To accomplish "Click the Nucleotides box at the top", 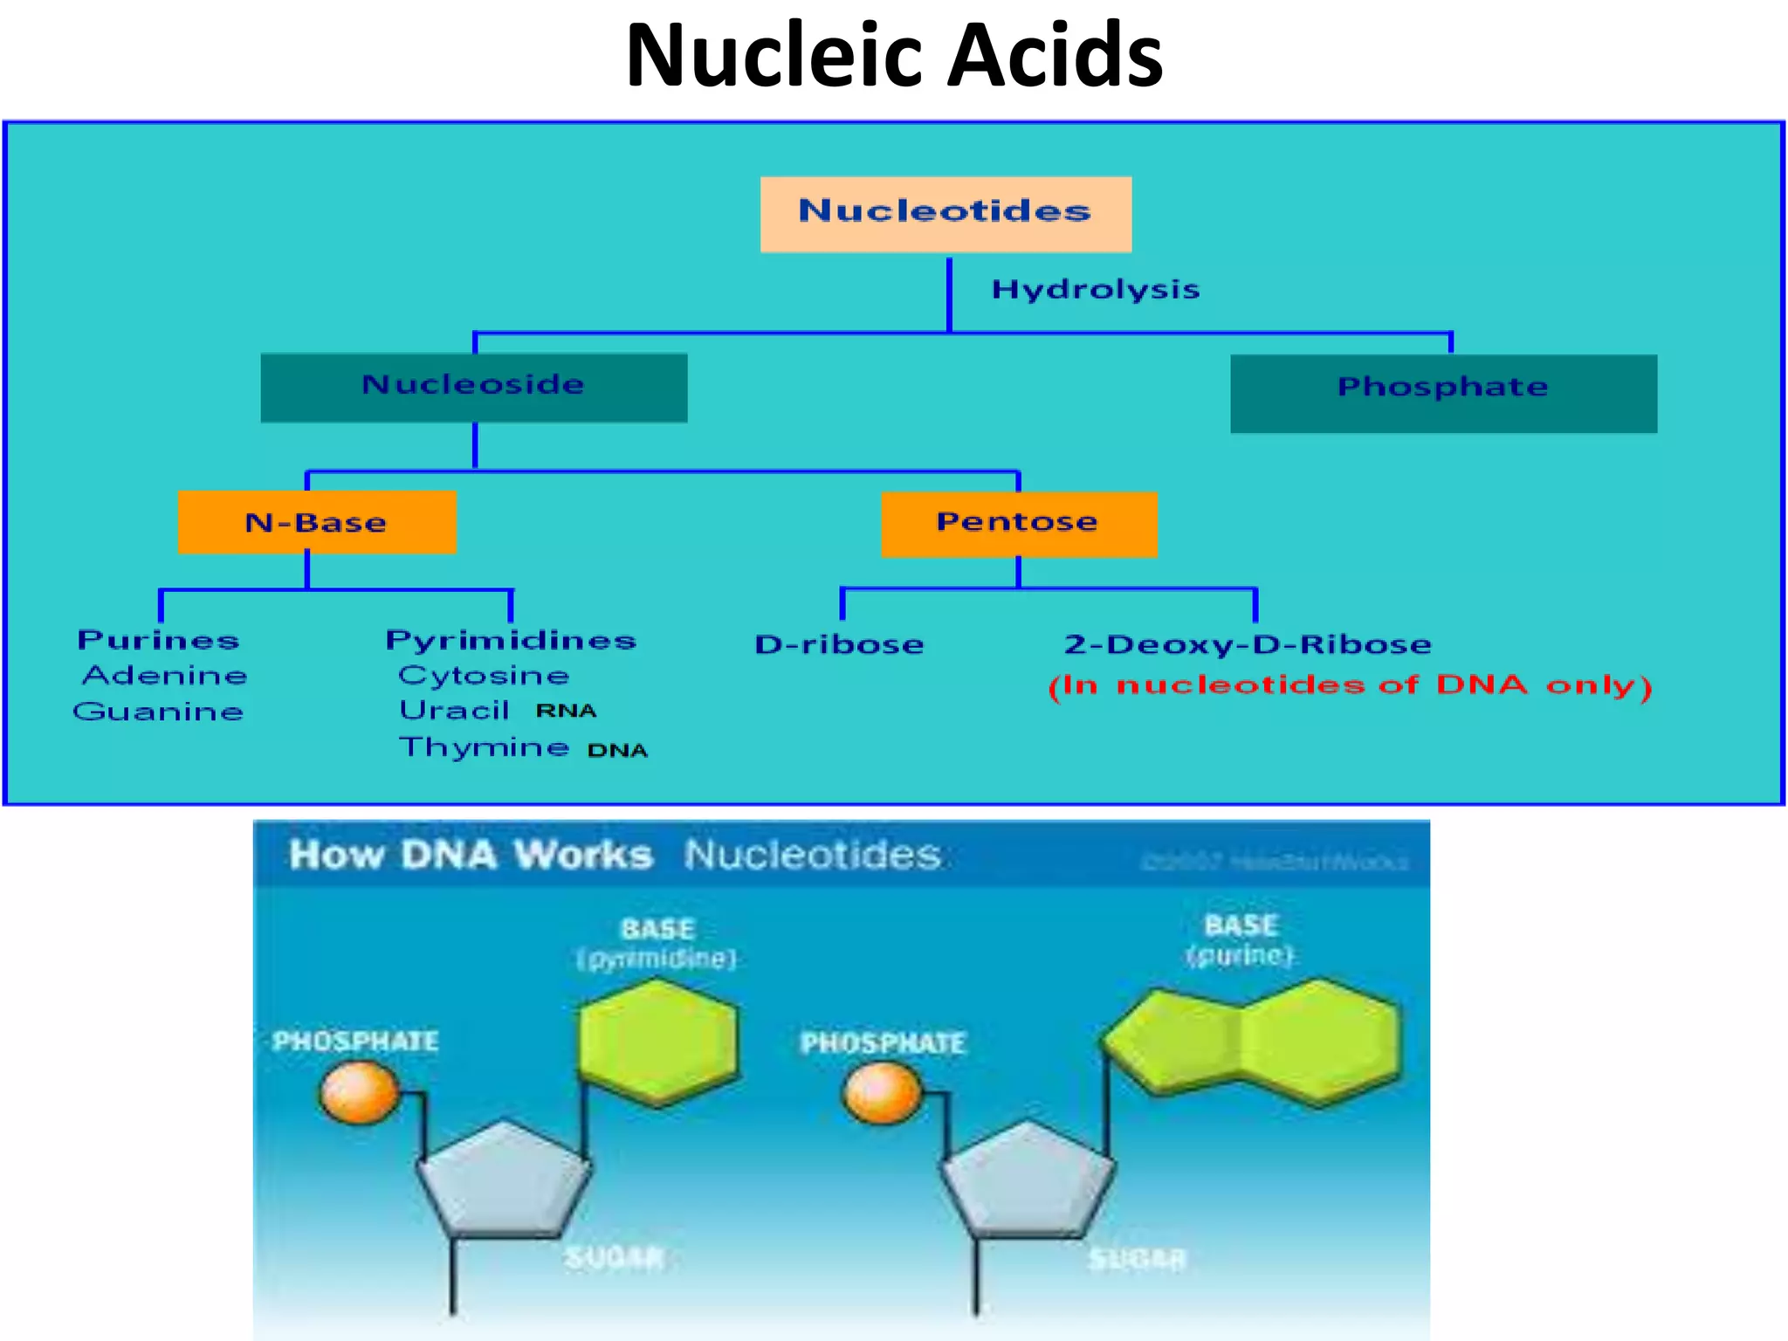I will tap(946, 214).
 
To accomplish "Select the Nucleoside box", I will tap(473, 387).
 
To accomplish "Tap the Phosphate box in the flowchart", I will tap(1443, 392).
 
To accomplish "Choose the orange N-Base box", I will tap(316, 522).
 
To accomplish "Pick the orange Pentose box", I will tap(1018, 523).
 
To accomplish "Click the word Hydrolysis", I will tap(1096, 289).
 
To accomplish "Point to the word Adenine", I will tap(165, 675).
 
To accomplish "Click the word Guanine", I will tap(158, 712).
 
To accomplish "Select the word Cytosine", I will tap(484, 675).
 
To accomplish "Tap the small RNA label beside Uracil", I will tap(566, 711).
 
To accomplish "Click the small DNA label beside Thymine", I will tap(617, 750).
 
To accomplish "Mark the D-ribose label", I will tap(839, 644).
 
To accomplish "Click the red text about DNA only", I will tap(1350, 685).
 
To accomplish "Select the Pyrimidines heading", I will tap(511, 640).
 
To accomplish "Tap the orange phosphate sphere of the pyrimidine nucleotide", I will tap(359, 1094).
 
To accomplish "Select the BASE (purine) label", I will tap(1241, 939).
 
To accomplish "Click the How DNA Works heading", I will tap(471, 855).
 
